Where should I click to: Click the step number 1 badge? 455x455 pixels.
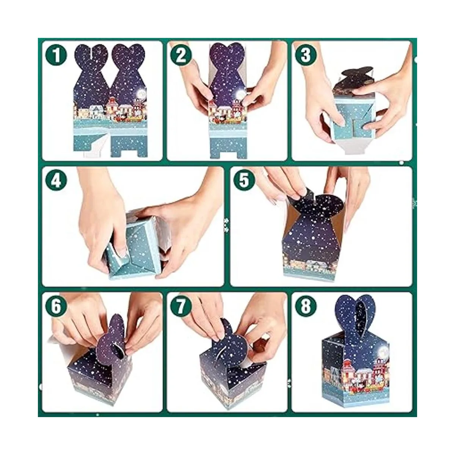coord(56,55)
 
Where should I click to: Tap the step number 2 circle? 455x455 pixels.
coord(181,55)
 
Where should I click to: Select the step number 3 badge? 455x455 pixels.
coord(306,55)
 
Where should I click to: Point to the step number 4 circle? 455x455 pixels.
coord(56,180)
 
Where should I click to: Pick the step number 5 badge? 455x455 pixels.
coord(244,180)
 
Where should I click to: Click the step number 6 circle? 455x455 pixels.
coord(56,306)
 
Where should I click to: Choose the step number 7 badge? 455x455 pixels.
coord(181,306)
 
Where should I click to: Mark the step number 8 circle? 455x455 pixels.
coord(306,306)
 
